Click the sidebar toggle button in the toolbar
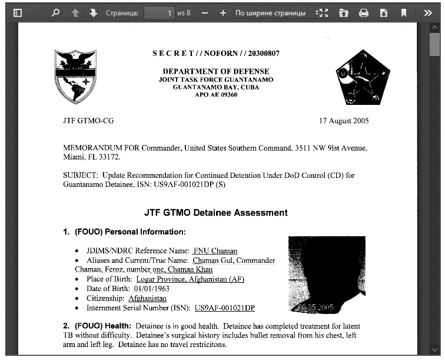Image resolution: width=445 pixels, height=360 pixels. [18, 12]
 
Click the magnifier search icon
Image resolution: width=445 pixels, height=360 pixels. [55, 12]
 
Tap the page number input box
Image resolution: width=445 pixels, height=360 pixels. [159, 12]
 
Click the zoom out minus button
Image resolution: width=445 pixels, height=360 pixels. [204, 12]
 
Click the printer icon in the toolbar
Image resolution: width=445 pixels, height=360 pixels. [364, 12]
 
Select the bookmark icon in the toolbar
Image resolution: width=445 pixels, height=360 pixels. [404, 12]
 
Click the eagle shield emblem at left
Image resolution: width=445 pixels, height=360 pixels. [75, 75]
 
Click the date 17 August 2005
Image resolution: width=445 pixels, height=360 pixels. [344, 121]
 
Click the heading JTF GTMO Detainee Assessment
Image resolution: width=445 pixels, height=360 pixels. [216, 213]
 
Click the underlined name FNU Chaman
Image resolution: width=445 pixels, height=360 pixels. [215, 251]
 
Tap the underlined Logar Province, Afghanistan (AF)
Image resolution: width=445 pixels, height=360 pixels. [190, 279]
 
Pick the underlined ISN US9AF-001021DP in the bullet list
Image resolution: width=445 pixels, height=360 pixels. [225, 308]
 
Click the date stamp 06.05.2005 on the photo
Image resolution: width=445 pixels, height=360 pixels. [315, 307]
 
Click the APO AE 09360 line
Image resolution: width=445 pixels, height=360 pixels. [215, 95]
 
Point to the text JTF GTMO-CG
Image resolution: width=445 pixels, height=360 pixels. [88, 121]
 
